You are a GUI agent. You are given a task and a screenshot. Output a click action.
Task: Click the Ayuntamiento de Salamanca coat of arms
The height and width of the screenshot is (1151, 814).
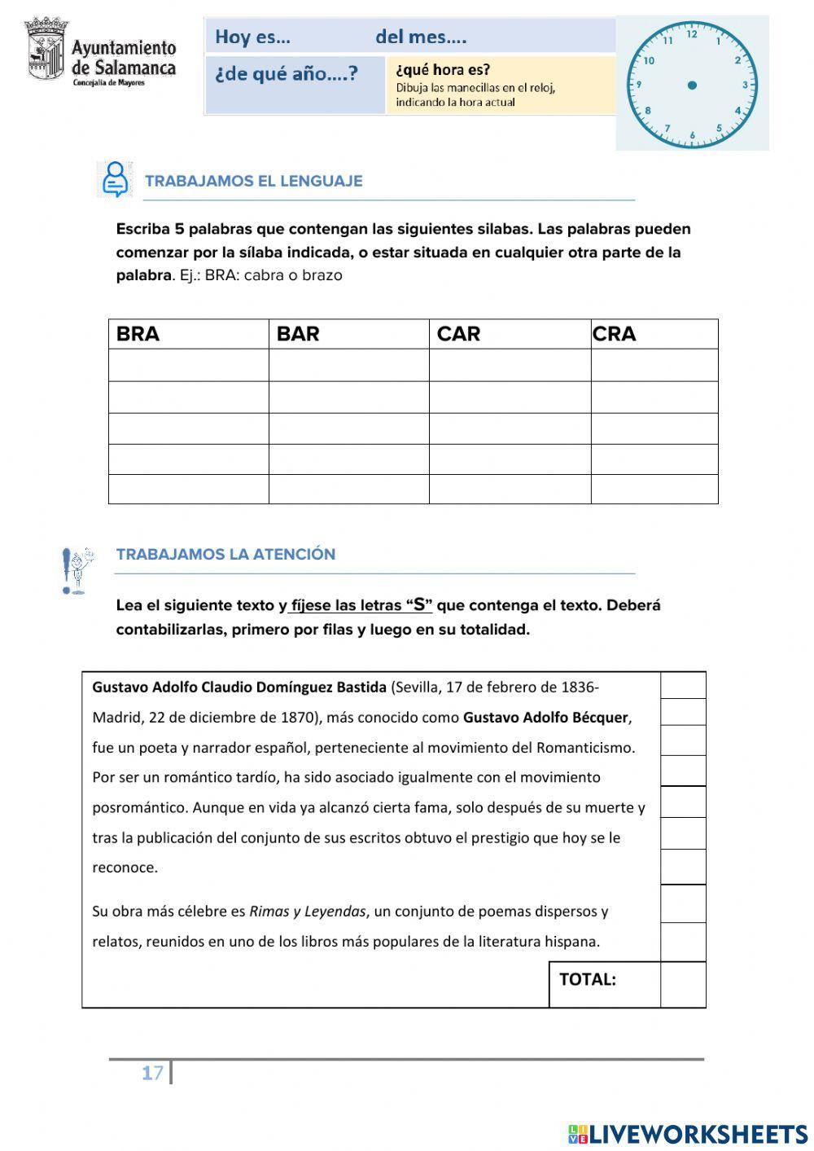[46, 51]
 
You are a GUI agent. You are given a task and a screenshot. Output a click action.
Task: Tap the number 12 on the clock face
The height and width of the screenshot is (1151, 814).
[692, 34]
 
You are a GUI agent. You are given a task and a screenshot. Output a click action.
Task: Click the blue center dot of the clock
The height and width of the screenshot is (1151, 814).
[692, 85]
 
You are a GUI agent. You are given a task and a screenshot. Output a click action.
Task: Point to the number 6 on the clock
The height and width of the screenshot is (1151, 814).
[693, 135]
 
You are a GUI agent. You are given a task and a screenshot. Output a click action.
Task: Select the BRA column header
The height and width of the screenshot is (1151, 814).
[138, 334]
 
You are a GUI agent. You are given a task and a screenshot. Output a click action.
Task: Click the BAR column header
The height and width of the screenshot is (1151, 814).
[298, 334]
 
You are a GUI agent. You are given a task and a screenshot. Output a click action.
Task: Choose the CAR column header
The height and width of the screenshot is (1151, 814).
[458, 334]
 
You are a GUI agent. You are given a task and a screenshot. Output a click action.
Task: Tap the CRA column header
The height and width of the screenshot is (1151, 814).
[615, 334]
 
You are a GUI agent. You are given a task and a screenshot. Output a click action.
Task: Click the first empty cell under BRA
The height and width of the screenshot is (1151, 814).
[188, 366]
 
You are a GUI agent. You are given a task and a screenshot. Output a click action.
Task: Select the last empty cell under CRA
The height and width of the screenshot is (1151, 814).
[654, 489]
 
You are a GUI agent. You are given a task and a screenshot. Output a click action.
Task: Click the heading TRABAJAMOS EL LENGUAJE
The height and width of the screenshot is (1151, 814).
[253, 181]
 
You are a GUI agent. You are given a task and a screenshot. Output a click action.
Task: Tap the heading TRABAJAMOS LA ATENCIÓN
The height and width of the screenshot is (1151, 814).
[225, 554]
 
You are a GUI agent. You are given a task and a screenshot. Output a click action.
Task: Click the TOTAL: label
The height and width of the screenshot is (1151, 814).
[588, 980]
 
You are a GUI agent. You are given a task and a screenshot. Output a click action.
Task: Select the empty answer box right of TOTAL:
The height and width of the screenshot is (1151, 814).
[683, 984]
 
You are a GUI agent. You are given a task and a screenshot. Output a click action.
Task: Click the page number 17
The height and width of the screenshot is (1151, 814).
[152, 1074]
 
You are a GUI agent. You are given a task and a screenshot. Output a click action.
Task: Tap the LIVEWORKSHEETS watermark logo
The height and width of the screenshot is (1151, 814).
[688, 1134]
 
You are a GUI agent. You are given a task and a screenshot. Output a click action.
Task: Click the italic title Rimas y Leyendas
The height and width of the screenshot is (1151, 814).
[308, 912]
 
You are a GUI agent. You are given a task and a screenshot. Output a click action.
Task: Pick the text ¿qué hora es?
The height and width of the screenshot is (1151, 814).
[443, 70]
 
